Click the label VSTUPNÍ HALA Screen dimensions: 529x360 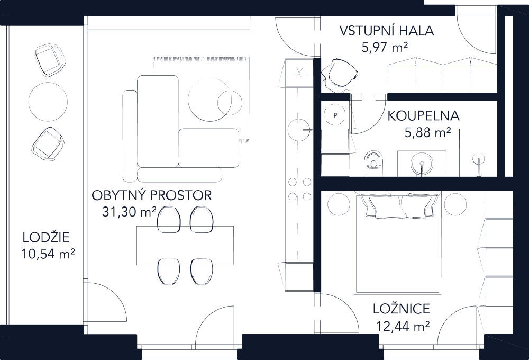point(387,31)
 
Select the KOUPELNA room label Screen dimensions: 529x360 point(423,116)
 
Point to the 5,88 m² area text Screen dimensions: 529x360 point(427,132)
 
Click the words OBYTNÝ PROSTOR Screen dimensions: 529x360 point(152,195)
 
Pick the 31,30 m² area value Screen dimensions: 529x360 point(129,212)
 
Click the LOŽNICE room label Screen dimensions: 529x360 point(401,309)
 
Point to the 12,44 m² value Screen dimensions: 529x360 point(402,326)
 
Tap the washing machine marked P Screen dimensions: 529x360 point(335,113)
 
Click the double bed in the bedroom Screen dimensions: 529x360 point(398,244)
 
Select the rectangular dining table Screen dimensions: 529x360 point(185,245)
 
